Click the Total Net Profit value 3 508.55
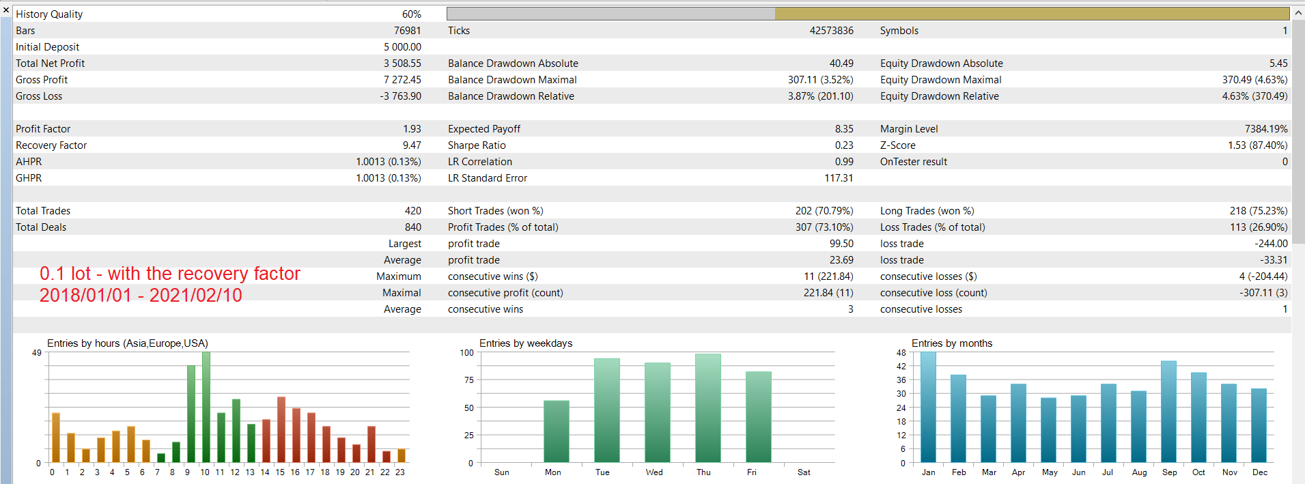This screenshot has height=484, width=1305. click(x=402, y=63)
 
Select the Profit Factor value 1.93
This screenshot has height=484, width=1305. click(x=412, y=129)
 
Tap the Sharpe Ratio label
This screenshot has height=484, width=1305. click(x=477, y=145)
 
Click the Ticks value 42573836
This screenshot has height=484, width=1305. click(x=831, y=31)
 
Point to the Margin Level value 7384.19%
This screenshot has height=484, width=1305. click(x=1266, y=129)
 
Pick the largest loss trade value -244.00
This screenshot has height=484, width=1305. click(x=1271, y=244)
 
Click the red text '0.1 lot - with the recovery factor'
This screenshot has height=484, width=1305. click(x=170, y=274)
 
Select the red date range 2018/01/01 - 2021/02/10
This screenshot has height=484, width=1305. click(x=141, y=296)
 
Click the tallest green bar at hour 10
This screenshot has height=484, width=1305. click(x=206, y=408)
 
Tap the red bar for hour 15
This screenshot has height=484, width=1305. click(x=281, y=429)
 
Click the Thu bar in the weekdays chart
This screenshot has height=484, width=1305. click(x=708, y=408)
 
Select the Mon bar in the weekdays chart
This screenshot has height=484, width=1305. click(x=557, y=431)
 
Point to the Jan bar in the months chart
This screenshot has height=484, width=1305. click(x=929, y=408)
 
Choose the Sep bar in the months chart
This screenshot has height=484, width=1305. click(x=1169, y=412)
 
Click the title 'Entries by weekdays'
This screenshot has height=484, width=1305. click(x=526, y=343)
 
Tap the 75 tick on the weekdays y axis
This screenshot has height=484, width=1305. click(x=468, y=380)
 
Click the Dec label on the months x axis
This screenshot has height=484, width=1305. click(x=1260, y=472)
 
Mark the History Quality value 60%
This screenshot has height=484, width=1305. click(x=412, y=14)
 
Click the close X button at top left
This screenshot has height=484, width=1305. click(x=6, y=10)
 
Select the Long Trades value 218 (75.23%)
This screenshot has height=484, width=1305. click(x=1259, y=211)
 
